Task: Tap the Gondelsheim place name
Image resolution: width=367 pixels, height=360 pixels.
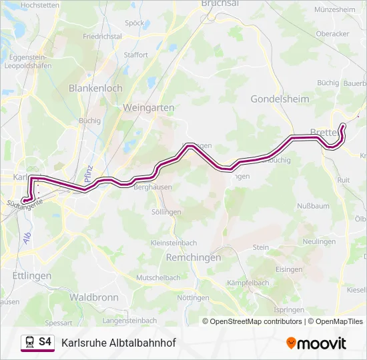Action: click(278, 99)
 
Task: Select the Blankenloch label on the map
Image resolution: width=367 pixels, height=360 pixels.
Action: click(95, 87)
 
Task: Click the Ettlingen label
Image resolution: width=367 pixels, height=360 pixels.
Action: click(31, 275)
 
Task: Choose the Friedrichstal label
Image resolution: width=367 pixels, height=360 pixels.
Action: click(102, 36)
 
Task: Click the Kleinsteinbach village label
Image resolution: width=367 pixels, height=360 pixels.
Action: click(173, 243)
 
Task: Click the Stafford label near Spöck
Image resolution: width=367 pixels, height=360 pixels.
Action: click(136, 55)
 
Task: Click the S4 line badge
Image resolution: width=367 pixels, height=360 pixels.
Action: click(45, 342)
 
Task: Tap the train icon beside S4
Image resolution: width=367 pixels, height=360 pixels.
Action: click(29, 342)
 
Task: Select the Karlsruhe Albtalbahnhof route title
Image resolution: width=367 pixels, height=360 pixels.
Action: click(118, 343)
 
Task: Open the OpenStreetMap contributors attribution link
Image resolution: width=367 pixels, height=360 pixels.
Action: click(254, 321)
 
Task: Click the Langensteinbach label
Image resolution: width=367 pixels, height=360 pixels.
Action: click(130, 321)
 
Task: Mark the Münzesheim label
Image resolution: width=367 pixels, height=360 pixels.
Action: click(334, 10)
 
